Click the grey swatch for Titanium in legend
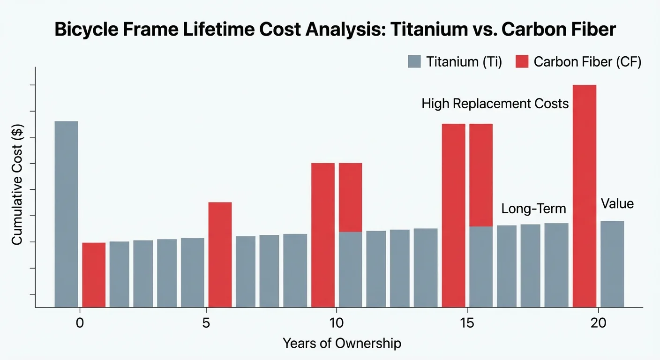point(414,62)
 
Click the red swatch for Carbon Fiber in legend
point(522,62)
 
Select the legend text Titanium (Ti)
point(464,62)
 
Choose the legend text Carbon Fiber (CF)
point(587,62)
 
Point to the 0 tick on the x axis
point(80,323)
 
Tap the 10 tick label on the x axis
point(336,323)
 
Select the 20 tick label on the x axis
point(598,323)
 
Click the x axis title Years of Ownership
point(342,344)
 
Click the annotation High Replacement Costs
point(495,104)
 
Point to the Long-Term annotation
point(533,209)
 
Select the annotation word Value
point(617,204)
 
